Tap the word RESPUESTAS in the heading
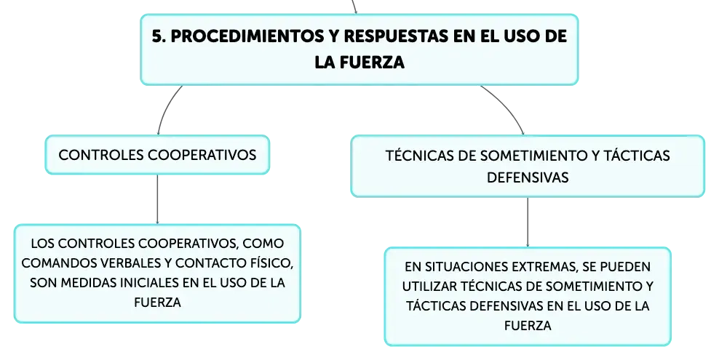point(396,36)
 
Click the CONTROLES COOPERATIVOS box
point(157,155)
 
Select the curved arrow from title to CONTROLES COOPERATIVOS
point(164,108)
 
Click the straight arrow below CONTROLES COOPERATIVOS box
point(157,199)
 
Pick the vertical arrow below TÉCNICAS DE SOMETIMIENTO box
point(528,223)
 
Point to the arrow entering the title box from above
point(354,7)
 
